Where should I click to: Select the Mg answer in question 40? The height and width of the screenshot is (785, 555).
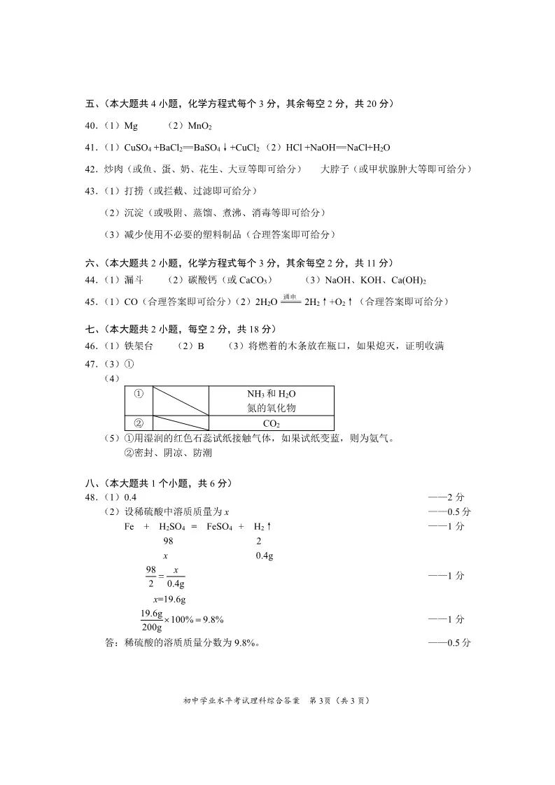tap(131, 126)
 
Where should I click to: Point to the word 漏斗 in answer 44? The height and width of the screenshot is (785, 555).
tap(134, 280)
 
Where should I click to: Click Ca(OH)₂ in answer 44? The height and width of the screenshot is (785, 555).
tap(409, 280)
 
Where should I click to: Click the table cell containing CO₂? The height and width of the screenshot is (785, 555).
tap(271, 423)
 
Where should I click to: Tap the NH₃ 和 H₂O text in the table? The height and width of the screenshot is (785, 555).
tap(271, 394)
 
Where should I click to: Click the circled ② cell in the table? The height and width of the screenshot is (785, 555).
tap(138, 423)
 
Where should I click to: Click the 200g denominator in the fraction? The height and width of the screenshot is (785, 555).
tap(151, 627)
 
